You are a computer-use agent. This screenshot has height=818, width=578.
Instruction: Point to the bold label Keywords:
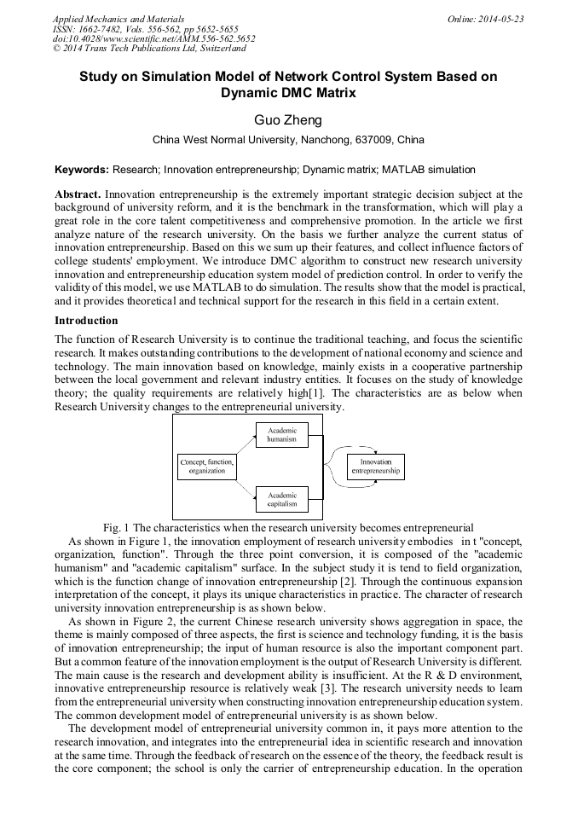pos(82,170)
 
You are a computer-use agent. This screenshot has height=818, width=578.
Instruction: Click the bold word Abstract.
pos(78,194)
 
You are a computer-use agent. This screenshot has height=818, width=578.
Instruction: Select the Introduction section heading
pos(86,321)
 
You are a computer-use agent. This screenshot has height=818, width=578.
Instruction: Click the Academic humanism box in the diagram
pos(281,435)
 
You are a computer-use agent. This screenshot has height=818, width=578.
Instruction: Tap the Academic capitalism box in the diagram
pos(281,499)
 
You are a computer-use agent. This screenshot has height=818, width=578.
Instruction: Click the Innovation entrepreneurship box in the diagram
pos(376,467)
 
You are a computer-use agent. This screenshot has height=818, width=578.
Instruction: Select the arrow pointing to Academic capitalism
pos(246,490)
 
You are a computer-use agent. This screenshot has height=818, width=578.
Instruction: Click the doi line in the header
pos(153,38)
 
